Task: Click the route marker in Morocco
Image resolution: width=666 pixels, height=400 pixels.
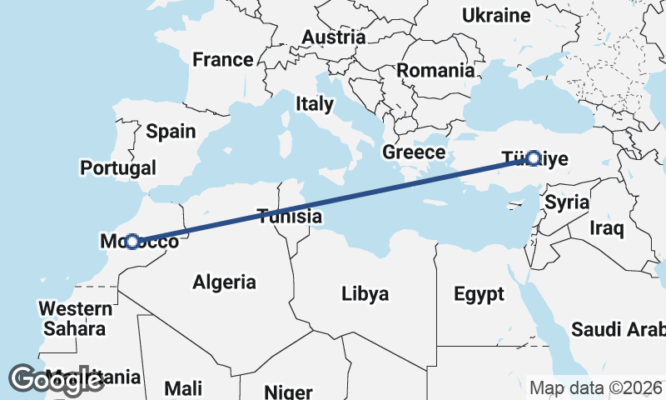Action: (132, 242)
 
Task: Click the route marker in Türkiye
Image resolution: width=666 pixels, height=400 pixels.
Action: (534, 157)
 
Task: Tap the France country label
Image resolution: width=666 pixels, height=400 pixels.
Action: (222, 60)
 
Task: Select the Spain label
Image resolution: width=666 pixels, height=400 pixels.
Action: (171, 131)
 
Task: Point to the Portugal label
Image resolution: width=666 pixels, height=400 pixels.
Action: (117, 167)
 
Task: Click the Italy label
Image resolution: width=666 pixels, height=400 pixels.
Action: (314, 104)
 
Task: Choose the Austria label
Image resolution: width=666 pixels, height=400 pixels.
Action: (333, 37)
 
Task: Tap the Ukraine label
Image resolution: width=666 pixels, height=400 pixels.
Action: (496, 16)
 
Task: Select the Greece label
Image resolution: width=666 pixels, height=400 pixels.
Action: (414, 152)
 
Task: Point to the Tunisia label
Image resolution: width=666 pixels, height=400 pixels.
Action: (289, 217)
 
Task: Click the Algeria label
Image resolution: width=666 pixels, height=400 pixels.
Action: (224, 282)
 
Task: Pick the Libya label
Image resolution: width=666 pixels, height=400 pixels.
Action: (365, 294)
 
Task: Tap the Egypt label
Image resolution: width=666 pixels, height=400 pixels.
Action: (479, 294)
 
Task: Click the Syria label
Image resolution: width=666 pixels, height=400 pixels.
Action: (567, 202)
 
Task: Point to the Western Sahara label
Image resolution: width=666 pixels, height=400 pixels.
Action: (74, 318)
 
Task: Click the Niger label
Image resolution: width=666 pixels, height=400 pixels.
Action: (287, 392)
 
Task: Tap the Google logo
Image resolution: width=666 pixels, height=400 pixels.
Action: (57, 380)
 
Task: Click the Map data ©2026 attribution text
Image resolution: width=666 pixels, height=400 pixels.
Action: (595, 388)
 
